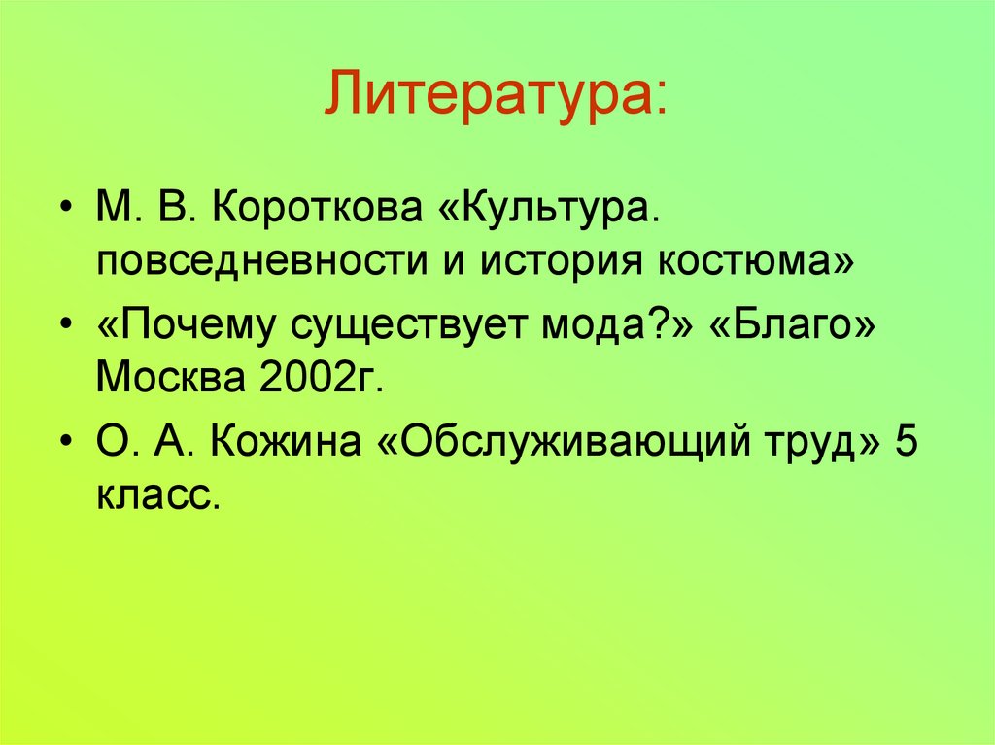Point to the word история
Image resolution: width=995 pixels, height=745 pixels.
pyautogui.click(x=566, y=262)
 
